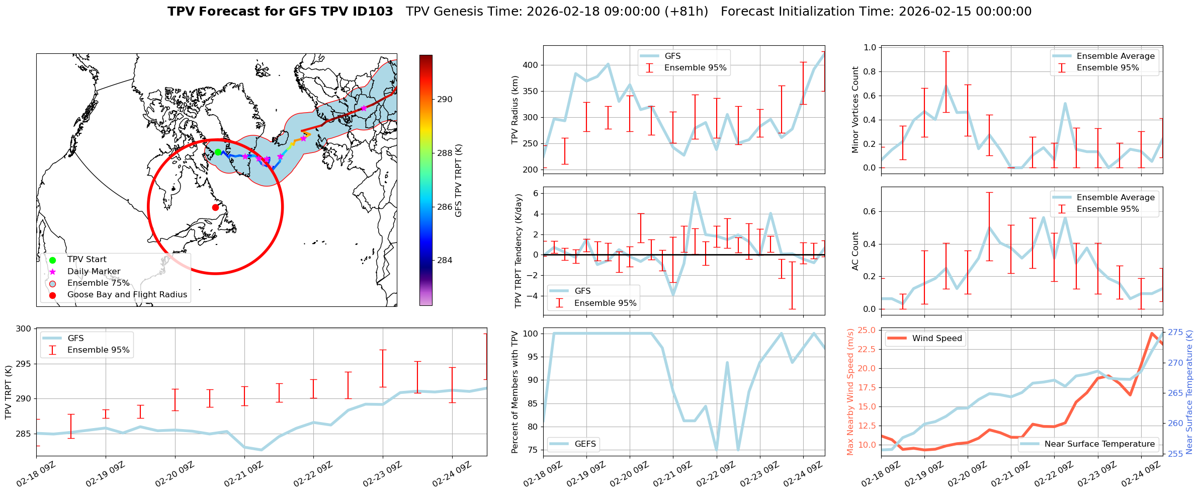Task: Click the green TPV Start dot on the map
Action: point(218,152)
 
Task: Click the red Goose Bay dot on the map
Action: point(215,207)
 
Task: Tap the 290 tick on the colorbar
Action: point(444,100)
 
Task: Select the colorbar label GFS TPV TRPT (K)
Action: point(458,181)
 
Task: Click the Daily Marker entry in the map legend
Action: point(94,272)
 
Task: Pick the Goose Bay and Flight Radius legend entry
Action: point(127,295)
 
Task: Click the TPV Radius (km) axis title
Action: point(515,110)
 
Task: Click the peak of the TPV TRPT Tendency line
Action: point(695,192)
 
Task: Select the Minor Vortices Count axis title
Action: point(855,110)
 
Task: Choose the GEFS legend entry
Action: point(585,444)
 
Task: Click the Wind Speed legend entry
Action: point(936,339)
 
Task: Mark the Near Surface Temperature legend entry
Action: point(1099,444)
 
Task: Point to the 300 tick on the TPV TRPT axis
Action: point(24,329)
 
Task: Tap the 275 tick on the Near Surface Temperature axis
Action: point(1175,333)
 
